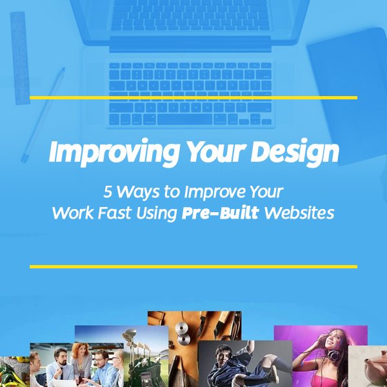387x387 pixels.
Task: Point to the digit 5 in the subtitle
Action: pos(108,192)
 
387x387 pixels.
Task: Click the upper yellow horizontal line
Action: pos(193,97)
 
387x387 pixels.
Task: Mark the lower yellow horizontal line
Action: pos(193,266)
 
